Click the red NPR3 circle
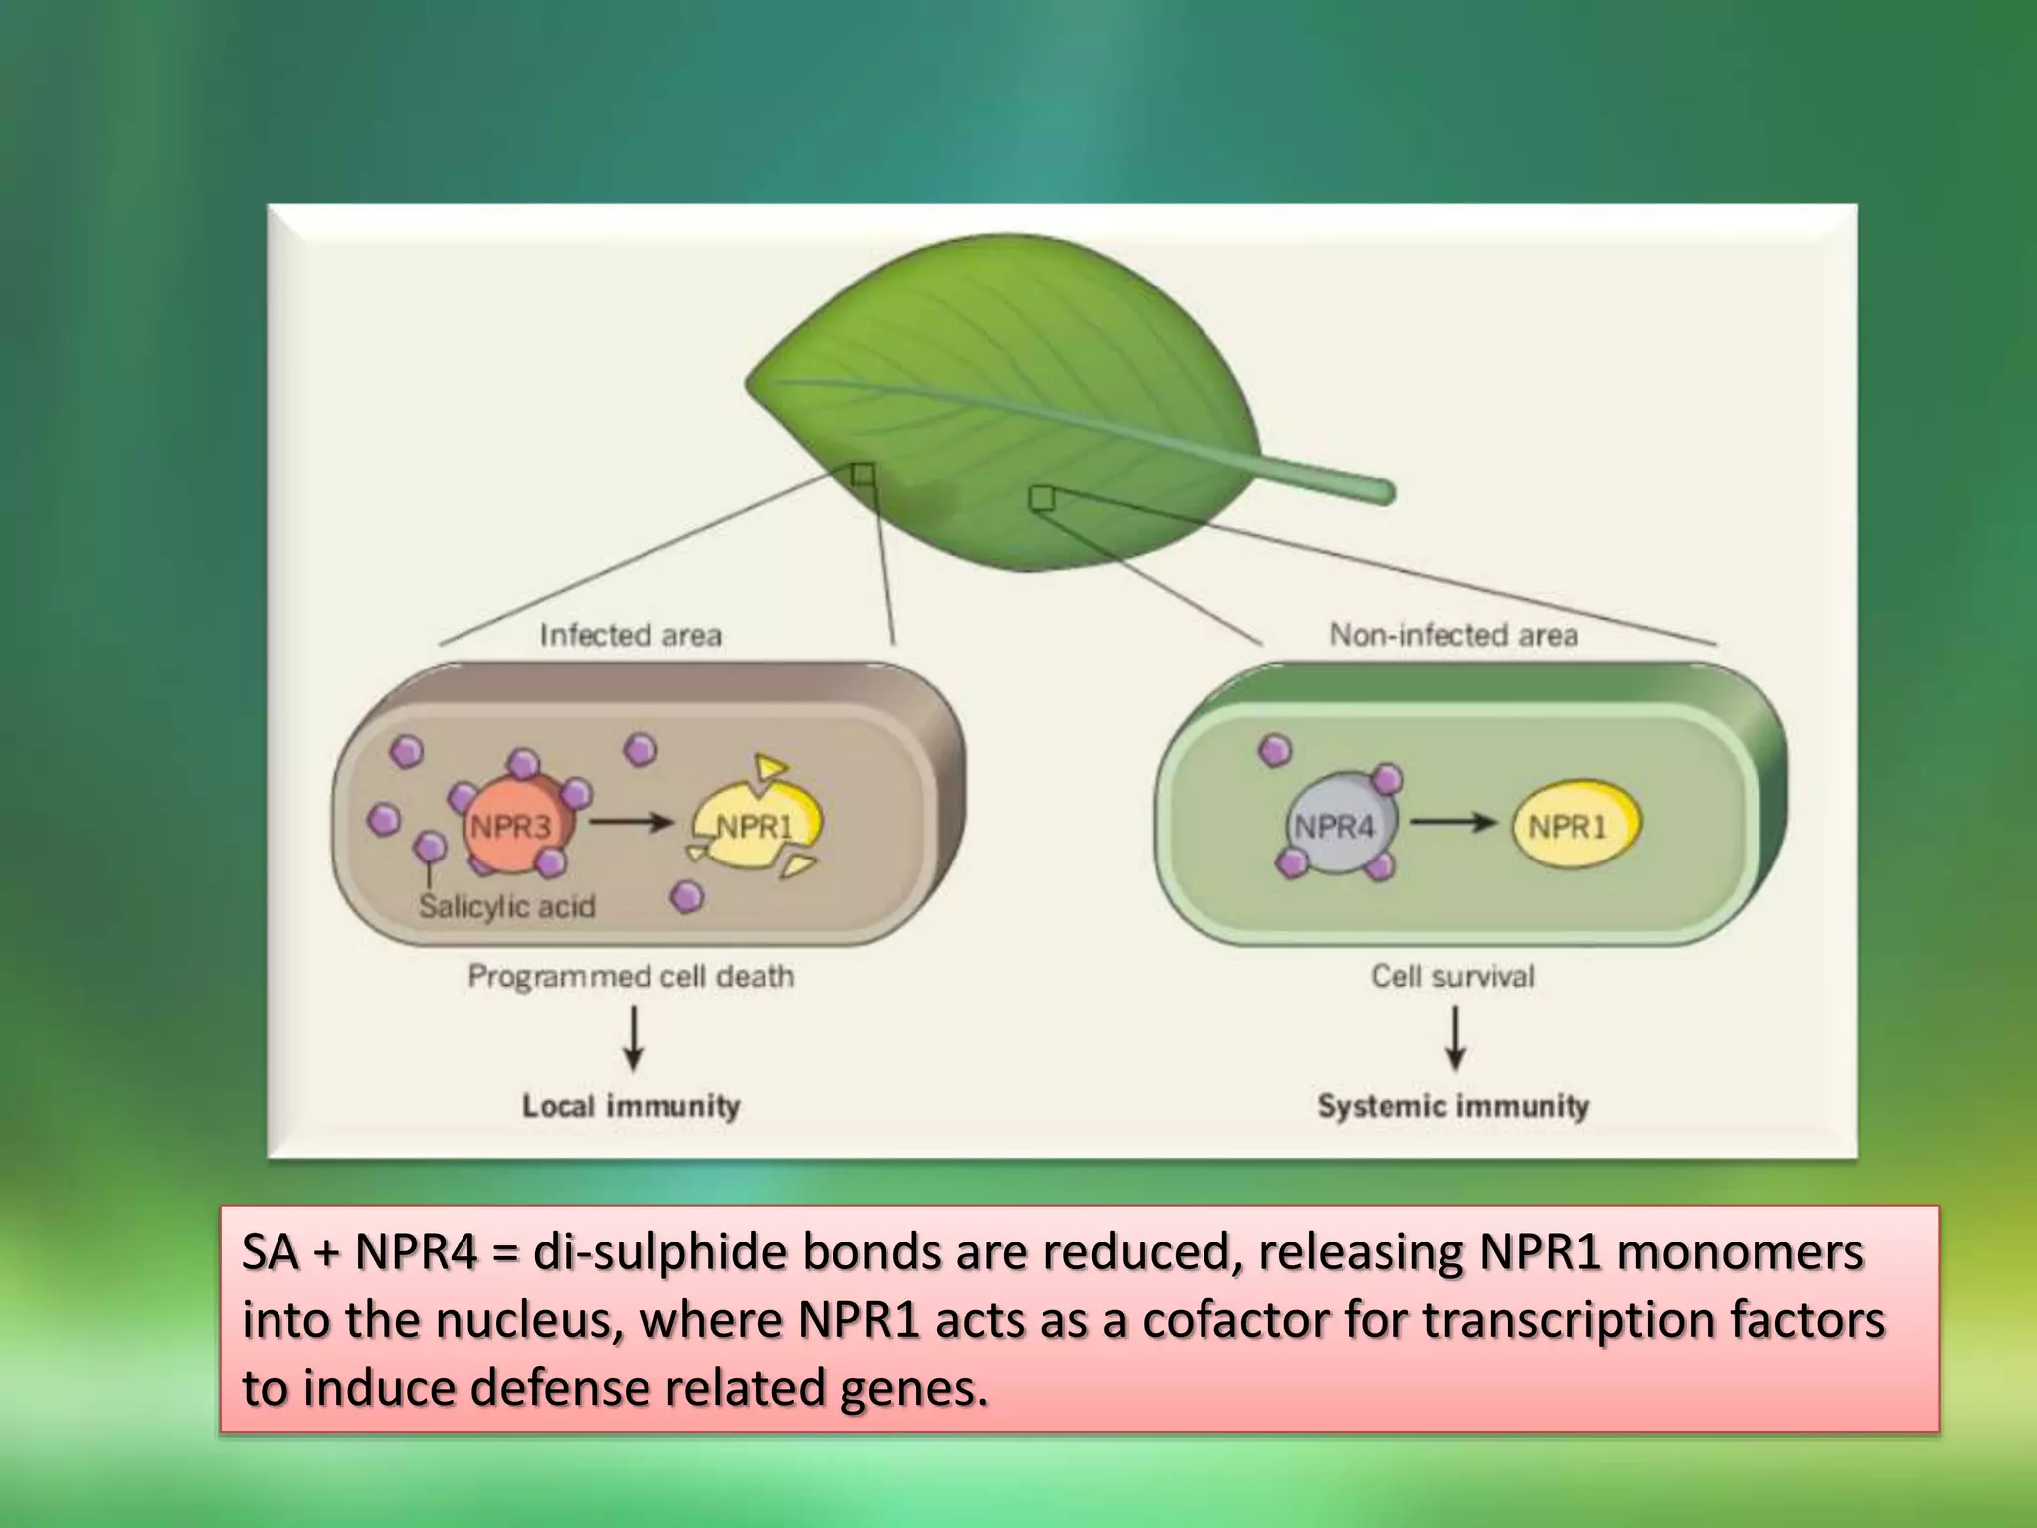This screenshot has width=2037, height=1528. tap(509, 826)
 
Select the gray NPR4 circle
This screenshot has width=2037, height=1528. tap(1334, 826)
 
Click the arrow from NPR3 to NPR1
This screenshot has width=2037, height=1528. tap(633, 823)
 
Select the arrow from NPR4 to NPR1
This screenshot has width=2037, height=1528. tap(1453, 823)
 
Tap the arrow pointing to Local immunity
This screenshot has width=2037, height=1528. tap(633, 1039)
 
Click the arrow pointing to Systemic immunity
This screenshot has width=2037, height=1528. tap(1455, 1039)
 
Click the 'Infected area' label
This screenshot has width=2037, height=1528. tap(631, 635)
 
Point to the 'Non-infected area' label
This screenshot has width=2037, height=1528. tap(1453, 635)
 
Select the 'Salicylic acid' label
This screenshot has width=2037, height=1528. tap(506, 906)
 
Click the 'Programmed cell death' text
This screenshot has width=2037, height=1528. tap(631, 976)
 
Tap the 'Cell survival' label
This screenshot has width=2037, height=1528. tap(1452, 976)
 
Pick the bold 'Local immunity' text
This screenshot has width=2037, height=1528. tap(632, 1106)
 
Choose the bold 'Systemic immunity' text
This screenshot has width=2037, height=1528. tap(1453, 1106)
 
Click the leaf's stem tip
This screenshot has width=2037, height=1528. tap(1386, 491)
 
